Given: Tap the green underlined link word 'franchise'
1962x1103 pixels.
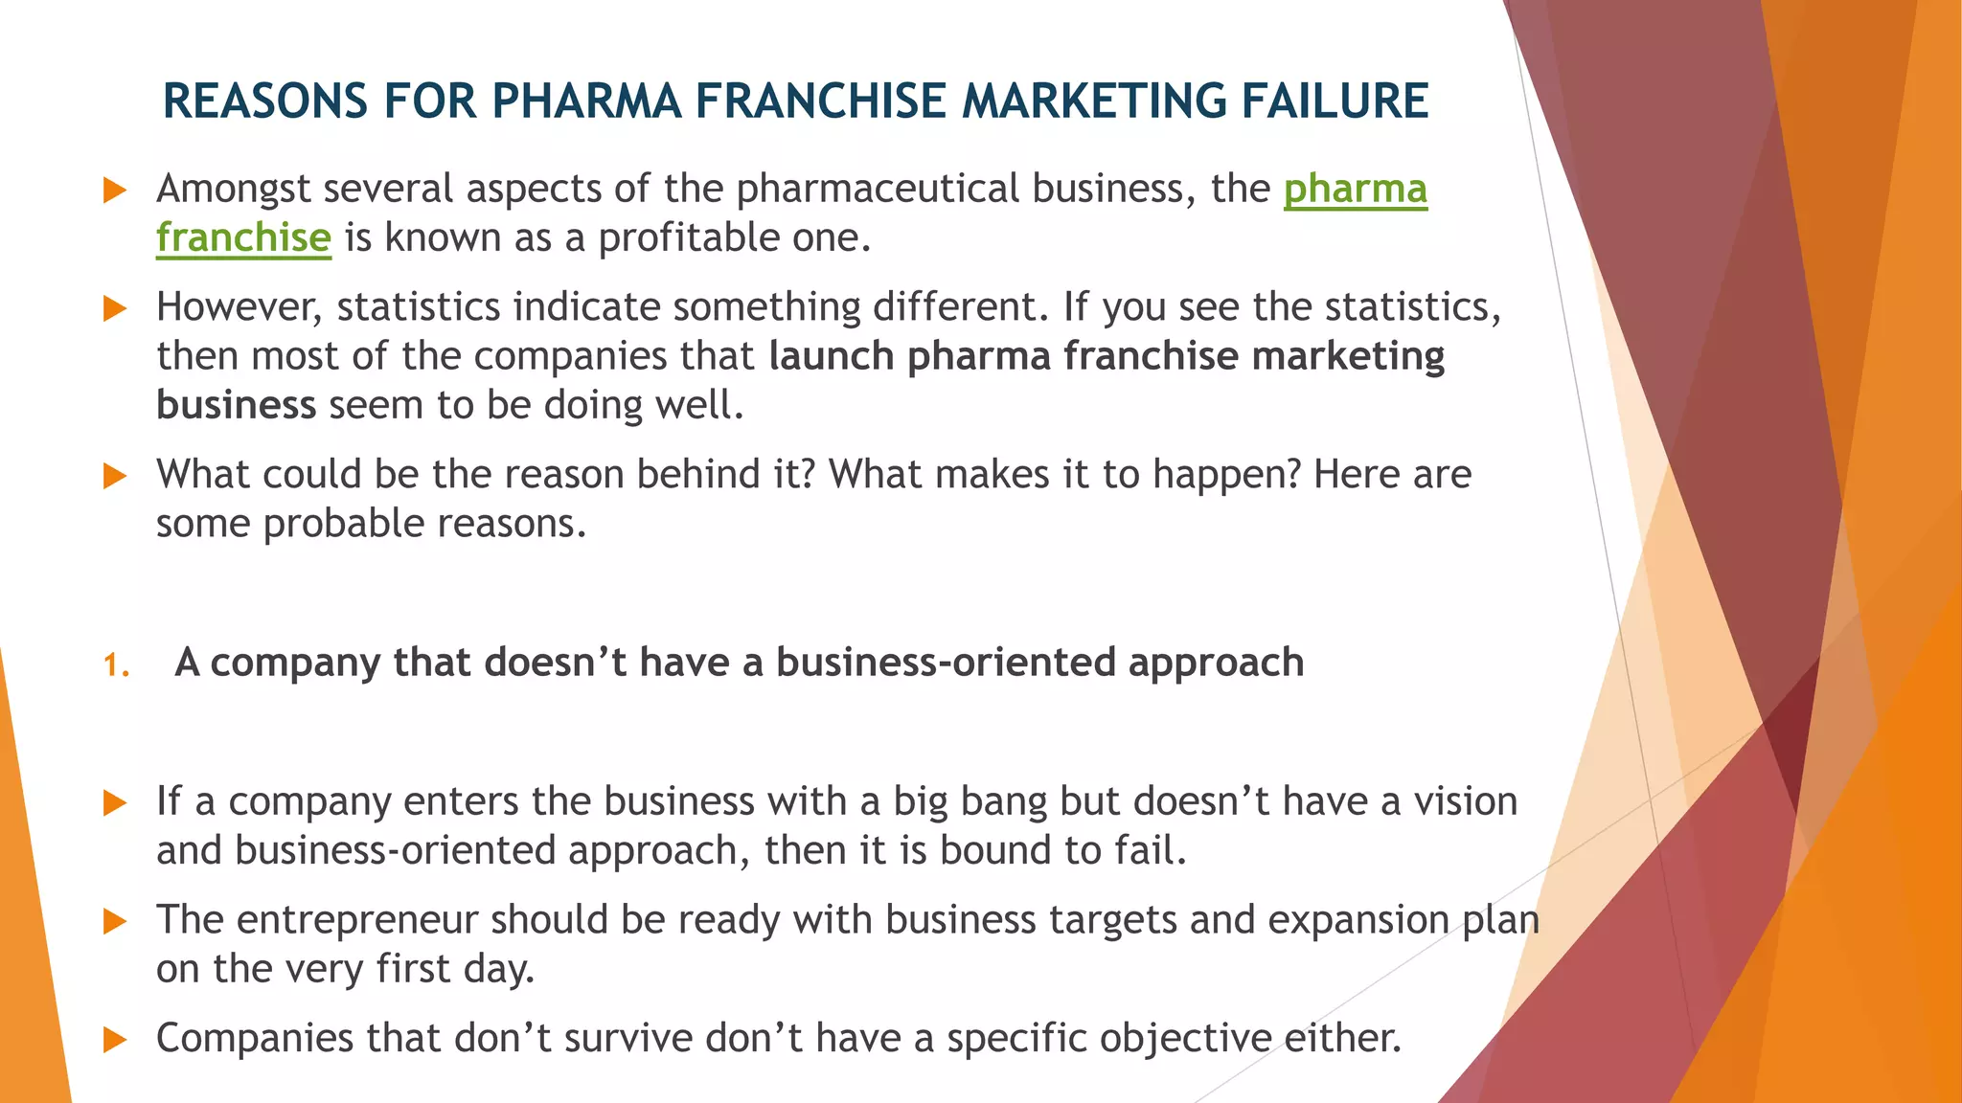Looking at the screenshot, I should [x=243, y=237].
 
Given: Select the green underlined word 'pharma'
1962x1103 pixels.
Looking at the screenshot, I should [x=1355, y=189].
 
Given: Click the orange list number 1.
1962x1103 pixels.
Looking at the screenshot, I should [x=116, y=664].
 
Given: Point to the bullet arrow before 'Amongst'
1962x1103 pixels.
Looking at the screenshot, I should [x=115, y=190].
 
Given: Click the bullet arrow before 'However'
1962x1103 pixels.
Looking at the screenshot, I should [x=115, y=308].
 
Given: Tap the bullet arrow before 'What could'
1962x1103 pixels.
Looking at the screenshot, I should [x=115, y=476].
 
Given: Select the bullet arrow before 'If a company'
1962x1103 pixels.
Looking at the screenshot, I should [x=115, y=802].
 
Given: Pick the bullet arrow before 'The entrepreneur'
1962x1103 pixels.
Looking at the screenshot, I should [x=115, y=921].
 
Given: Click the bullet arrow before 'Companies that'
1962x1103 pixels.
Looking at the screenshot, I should [x=115, y=1040].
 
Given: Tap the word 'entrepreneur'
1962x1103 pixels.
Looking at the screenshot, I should [x=356, y=920].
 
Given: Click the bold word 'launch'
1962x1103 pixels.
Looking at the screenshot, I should [x=832, y=356].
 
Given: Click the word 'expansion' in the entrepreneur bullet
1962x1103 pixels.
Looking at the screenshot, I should [x=1358, y=920].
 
